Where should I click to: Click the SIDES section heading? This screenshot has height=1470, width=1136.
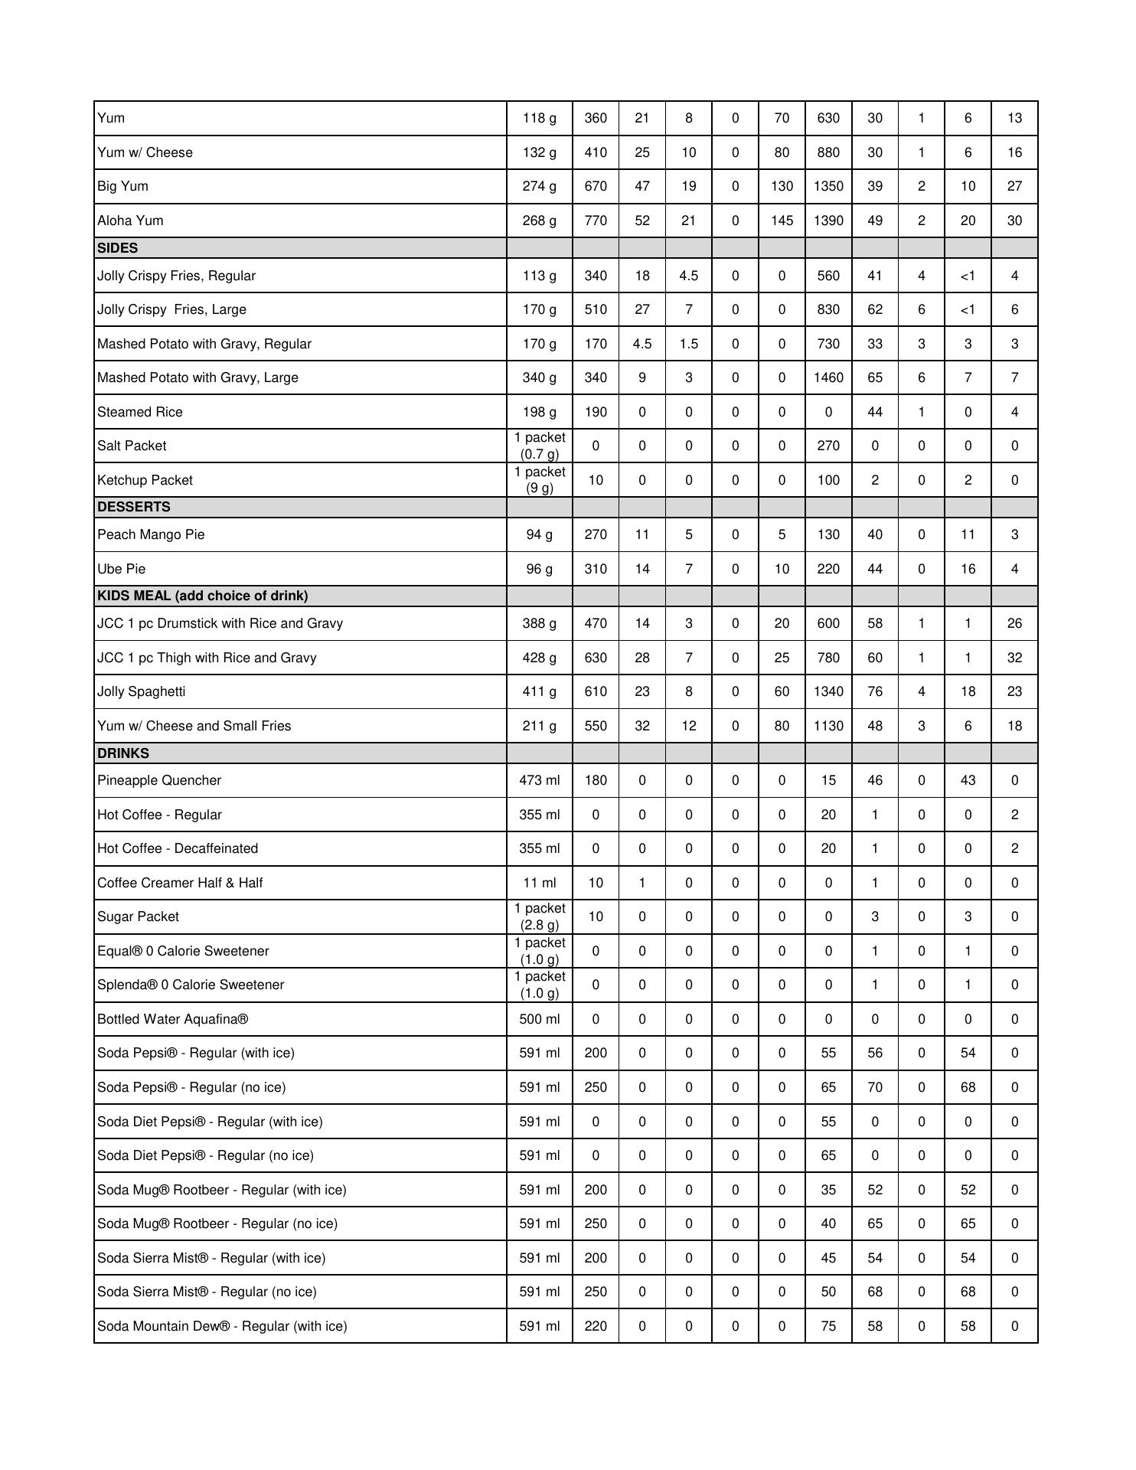[118, 248]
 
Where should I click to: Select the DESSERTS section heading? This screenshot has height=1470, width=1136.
[134, 507]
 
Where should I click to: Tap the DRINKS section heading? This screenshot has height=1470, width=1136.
[123, 753]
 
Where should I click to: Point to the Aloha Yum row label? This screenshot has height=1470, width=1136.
[130, 220]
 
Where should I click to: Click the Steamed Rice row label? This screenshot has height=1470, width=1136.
[140, 412]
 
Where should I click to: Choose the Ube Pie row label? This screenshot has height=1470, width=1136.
[121, 569]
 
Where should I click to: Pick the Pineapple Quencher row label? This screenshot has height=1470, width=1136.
[159, 780]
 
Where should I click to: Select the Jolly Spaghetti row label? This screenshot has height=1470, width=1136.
[142, 691]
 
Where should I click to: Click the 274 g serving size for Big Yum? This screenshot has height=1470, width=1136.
[539, 186]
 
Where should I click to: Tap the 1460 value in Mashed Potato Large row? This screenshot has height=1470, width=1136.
[828, 377]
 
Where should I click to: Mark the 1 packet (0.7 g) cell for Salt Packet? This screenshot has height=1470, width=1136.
[539, 446]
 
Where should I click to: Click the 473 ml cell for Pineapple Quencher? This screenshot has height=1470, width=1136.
[539, 780]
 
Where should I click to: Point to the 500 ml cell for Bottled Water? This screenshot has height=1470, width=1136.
[539, 1019]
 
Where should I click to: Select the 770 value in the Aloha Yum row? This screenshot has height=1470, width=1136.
[596, 220]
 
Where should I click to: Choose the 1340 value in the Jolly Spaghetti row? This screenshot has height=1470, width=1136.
[828, 691]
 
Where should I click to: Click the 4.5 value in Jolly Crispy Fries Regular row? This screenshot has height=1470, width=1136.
[688, 276]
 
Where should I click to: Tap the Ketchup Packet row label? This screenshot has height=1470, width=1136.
[145, 480]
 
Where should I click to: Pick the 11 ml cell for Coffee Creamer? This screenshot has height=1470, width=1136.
[539, 883]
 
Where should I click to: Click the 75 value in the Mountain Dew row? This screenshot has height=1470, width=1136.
[828, 1326]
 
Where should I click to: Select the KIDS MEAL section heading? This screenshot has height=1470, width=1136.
[203, 596]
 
